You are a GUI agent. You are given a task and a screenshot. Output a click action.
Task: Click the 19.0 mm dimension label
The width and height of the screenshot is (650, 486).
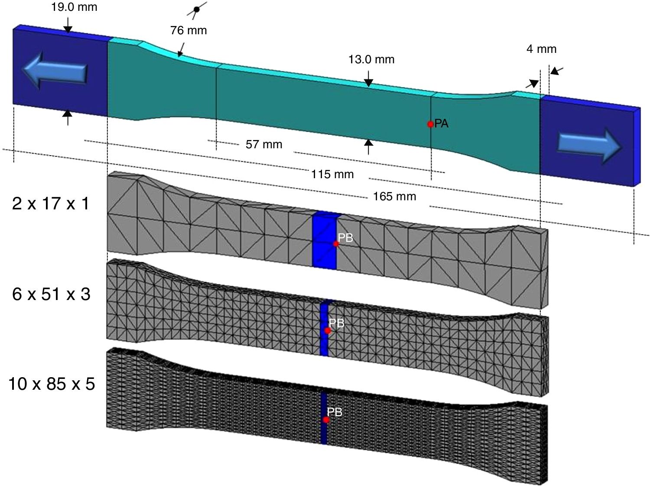[x=74, y=7]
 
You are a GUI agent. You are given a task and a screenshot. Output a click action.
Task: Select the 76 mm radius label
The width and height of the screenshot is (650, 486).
[x=188, y=30]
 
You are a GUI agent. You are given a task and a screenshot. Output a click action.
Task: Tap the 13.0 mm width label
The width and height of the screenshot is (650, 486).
[x=371, y=59]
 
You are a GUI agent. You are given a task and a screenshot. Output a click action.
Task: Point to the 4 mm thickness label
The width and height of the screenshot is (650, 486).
[x=541, y=49]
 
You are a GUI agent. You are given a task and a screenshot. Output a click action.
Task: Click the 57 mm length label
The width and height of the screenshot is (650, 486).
[x=264, y=144]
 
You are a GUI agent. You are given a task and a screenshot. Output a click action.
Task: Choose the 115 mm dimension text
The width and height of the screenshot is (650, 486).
[x=332, y=174]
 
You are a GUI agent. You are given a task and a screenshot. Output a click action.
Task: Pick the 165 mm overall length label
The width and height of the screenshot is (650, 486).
[x=394, y=196]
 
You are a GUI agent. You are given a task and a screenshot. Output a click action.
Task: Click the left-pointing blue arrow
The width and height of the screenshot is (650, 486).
[x=55, y=70]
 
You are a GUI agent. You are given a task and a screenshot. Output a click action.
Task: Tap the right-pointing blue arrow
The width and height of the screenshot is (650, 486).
[x=589, y=144]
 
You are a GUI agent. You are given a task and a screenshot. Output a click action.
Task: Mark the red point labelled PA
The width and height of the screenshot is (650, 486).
[x=430, y=124]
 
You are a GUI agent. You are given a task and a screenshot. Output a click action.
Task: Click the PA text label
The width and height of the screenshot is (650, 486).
[x=442, y=124]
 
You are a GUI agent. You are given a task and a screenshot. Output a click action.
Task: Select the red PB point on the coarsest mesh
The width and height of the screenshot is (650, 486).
[x=336, y=244]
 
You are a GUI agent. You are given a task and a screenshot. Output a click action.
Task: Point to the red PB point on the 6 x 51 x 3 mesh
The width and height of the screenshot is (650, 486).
[x=328, y=331]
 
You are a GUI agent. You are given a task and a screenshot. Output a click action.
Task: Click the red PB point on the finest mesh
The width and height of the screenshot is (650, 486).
[x=326, y=420]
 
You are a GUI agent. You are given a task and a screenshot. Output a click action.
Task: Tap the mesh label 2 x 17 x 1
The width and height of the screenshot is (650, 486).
[x=51, y=203]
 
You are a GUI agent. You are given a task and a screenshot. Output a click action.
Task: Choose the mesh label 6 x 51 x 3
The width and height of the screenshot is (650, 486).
[x=51, y=294]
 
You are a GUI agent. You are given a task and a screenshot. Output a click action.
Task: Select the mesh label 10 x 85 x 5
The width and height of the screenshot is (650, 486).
[x=52, y=384]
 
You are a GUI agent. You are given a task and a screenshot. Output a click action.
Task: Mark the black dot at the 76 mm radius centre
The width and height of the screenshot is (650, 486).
[x=196, y=9]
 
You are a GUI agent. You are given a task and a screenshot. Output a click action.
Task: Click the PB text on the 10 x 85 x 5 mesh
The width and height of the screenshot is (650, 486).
[x=335, y=412]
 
